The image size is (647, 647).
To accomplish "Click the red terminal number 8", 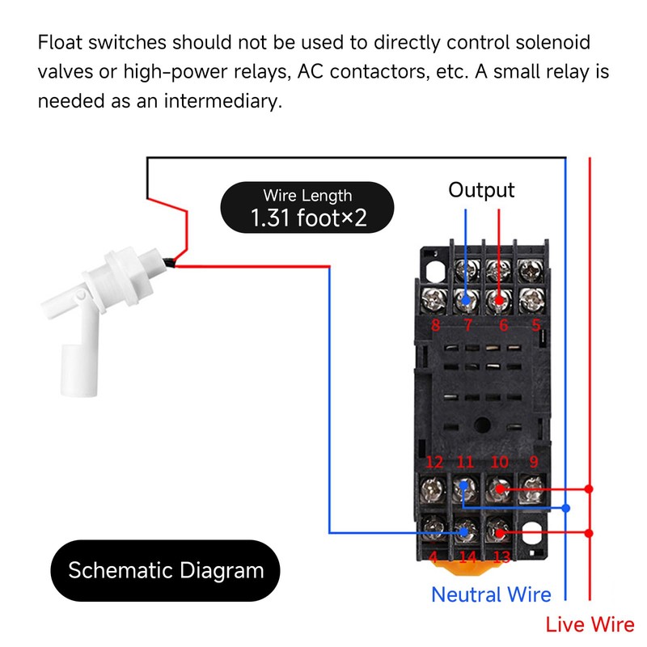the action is [435, 326].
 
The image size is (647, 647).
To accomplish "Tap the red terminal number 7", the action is [467, 326].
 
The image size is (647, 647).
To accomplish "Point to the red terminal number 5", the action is [535, 326].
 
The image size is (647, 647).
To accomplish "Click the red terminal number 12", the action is [434, 463].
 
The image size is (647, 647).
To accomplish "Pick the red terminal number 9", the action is [533, 463].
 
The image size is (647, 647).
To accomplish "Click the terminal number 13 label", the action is [501, 557].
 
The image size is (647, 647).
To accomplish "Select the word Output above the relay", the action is [481, 190].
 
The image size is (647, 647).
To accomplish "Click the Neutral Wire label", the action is [491, 594].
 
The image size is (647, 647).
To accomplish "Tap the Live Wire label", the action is [590, 624].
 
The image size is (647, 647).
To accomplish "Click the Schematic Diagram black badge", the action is [166, 570].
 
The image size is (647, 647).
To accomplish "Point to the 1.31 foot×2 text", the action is [308, 217].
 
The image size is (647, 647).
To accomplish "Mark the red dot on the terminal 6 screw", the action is [500, 300].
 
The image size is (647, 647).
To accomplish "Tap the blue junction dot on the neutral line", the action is [566, 508].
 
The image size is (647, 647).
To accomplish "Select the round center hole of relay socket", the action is [483, 422].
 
